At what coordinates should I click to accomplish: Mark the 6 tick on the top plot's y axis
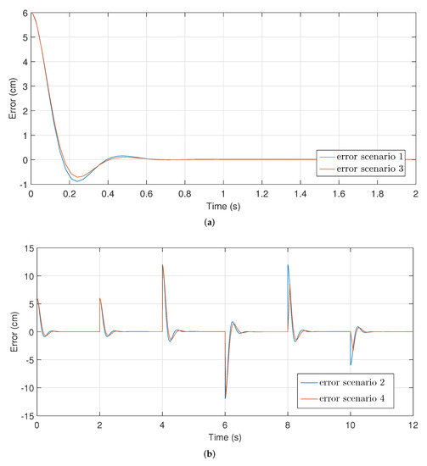(x=23, y=14)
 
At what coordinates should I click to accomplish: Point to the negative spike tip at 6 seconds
(x=225, y=398)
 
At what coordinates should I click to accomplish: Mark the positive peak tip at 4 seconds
(x=163, y=264)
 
